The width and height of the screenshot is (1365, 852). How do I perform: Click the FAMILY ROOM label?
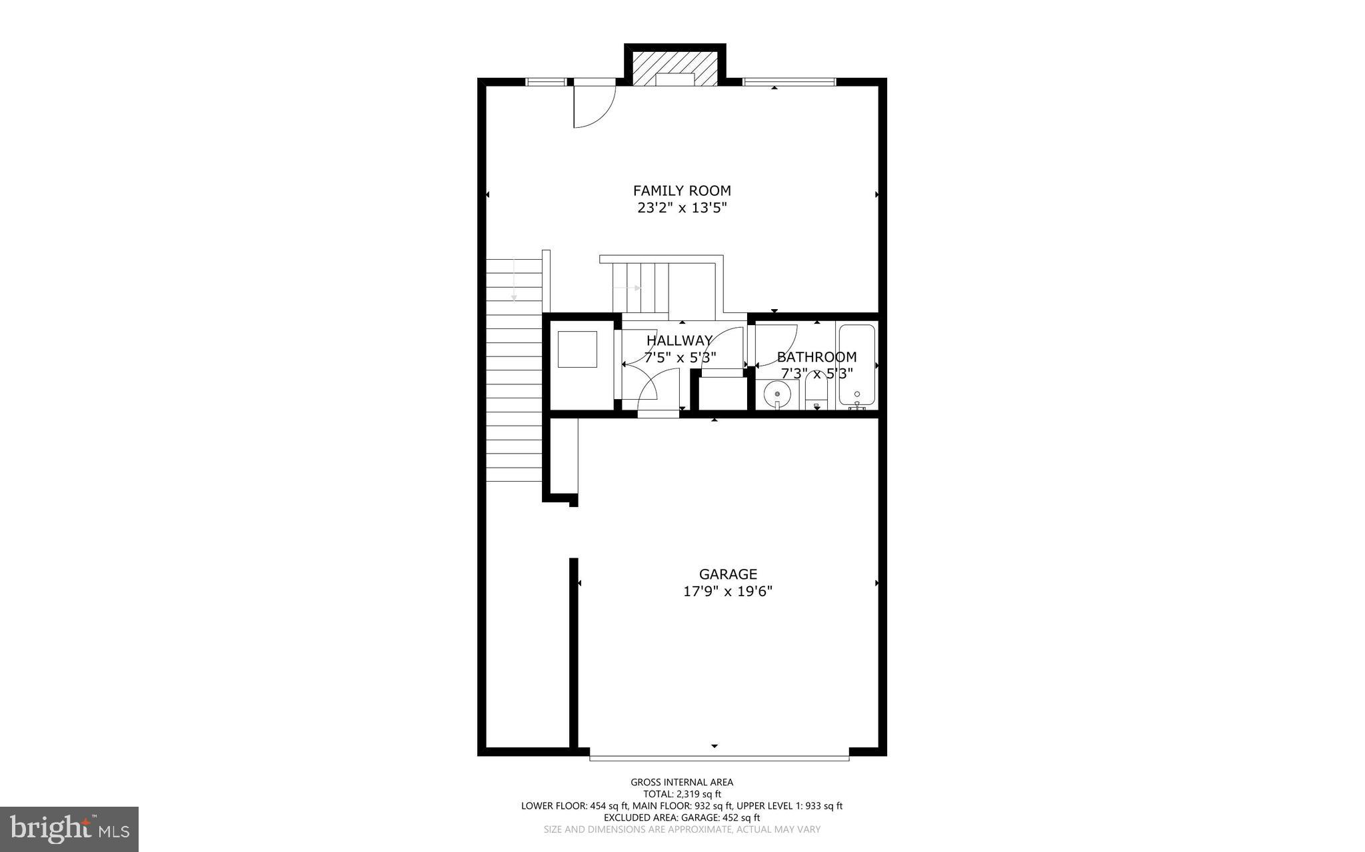681,191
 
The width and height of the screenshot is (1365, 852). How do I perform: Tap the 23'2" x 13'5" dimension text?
681,208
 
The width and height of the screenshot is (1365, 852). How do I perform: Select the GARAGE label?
728,574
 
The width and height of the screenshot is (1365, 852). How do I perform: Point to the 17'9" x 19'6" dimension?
728,592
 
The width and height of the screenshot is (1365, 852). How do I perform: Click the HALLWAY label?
679,341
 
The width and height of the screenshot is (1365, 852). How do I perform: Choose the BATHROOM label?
816,357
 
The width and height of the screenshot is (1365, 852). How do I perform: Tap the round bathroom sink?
777,394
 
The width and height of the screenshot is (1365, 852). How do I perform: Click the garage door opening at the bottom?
719,757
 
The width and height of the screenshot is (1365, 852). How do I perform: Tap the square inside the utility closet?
577,349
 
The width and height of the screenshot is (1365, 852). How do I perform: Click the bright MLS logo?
69,829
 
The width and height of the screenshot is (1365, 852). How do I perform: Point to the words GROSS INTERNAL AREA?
682,782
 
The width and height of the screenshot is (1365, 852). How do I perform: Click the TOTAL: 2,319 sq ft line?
682,794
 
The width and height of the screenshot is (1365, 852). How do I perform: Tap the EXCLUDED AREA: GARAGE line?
682,817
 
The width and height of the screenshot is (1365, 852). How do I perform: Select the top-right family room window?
789,82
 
